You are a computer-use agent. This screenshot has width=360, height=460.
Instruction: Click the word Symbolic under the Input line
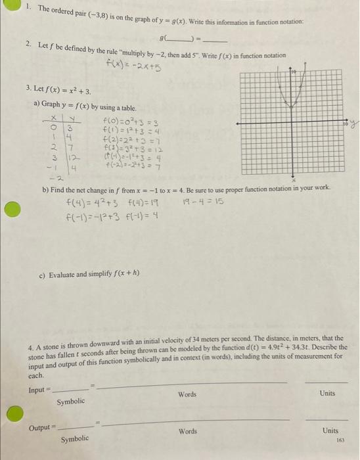(x=70, y=401)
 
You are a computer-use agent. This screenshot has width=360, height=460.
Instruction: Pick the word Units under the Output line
(x=330, y=431)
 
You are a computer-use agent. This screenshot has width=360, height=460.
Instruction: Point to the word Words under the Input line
(x=187, y=394)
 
